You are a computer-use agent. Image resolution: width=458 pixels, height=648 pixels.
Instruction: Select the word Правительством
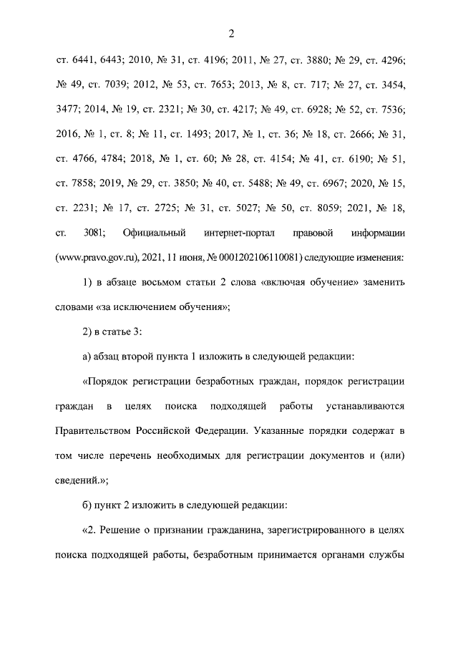click(x=91, y=431)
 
